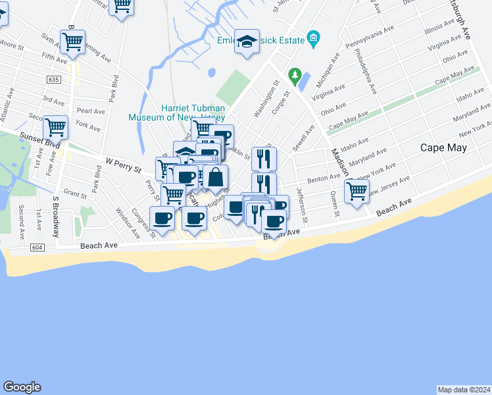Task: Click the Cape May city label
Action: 443,147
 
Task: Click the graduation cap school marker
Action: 247,42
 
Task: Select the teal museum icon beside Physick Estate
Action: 314,40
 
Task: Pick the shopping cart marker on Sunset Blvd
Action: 56,126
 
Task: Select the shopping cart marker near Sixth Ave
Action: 72,41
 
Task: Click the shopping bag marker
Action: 215,177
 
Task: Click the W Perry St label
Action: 124,164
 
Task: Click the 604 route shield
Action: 36,246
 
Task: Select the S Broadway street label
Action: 56,217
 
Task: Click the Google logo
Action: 22,387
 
